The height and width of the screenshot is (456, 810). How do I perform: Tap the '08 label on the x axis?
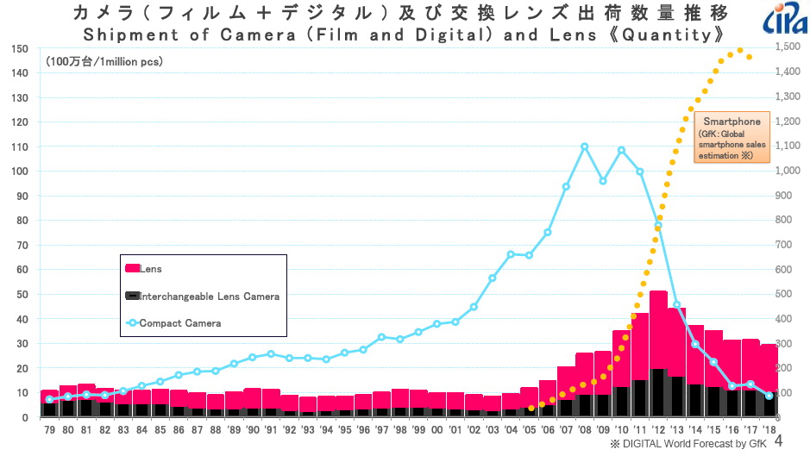coord(585,428)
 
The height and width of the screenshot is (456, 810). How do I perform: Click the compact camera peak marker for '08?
coord(585,147)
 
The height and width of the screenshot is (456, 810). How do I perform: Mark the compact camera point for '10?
coord(621,150)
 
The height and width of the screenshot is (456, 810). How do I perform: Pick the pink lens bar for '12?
coord(658,328)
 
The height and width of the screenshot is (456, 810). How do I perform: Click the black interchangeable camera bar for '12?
coord(658,393)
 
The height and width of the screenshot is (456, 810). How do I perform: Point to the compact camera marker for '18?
coord(769,396)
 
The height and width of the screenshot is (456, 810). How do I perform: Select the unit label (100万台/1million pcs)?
coord(104,62)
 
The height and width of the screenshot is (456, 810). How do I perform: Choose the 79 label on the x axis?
coord(49,428)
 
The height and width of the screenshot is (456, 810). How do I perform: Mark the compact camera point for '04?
coord(511,254)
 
